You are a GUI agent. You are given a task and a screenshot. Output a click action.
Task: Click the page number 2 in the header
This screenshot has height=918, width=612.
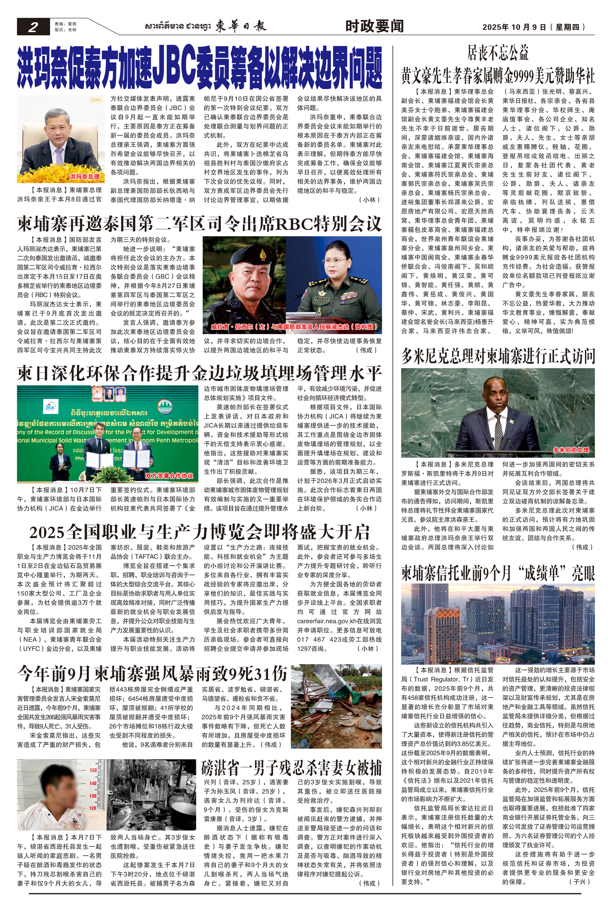point(33,27)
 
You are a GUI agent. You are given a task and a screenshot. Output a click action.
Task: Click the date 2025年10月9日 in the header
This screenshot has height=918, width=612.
point(514,27)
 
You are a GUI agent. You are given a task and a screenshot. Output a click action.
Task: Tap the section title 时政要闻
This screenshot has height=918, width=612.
point(374,26)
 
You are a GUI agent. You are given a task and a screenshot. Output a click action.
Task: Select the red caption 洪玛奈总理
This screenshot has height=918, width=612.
point(85,177)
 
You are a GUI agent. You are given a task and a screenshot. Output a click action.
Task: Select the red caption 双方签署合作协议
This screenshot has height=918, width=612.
point(169,476)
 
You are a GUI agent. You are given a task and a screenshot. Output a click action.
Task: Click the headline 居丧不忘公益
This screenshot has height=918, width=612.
point(498,53)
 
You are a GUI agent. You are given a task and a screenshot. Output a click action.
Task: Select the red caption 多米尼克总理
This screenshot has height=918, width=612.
point(571,450)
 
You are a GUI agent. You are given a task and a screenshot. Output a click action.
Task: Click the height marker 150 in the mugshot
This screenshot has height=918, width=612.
point(93,770)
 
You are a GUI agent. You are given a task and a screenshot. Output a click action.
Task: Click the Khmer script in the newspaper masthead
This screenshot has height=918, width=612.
point(177,26)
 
